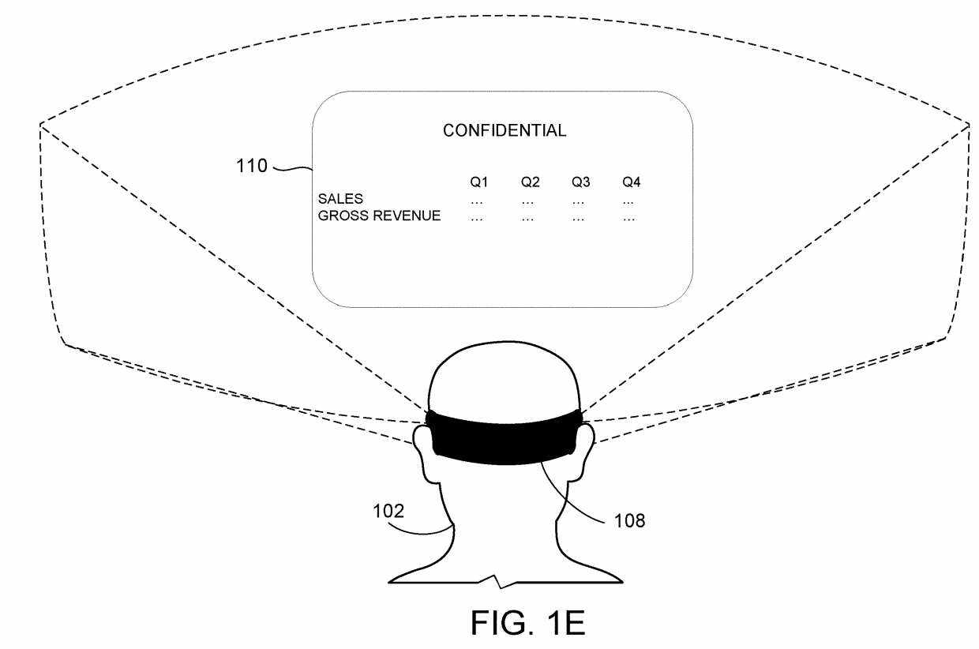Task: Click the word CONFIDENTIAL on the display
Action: coord(505,130)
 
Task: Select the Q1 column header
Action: coord(479,182)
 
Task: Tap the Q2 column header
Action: coord(530,182)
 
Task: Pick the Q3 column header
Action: coord(581,182)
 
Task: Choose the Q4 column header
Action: coord(632,182)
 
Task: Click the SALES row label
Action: coord(340,199)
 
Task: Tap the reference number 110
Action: coord(252,166)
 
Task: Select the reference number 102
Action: coord(388,511)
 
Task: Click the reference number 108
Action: coord(629,521)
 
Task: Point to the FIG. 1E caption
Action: coord(527,623)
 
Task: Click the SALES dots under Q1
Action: coord(477,203)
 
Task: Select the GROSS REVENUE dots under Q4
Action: coord(629,219)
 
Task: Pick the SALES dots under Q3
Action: coord(578,203)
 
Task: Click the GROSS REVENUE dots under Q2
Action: coord(527,219)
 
